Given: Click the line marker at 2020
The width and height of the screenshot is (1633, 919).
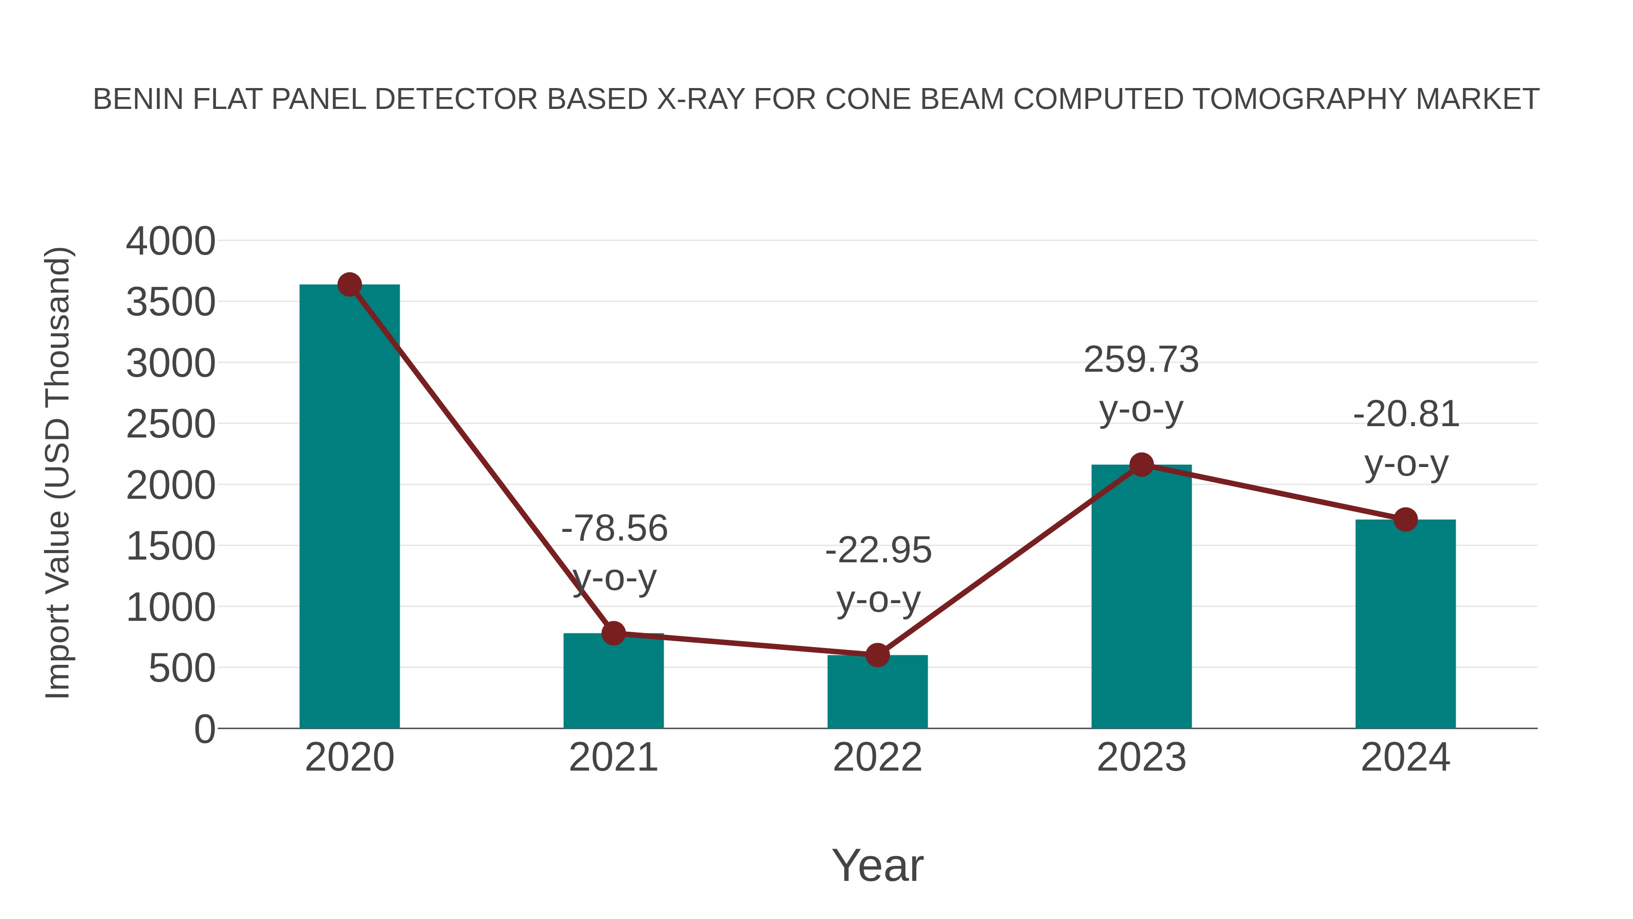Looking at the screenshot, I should tap(349, 285).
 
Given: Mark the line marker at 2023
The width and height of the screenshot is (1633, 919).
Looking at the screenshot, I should tap(1141, 465).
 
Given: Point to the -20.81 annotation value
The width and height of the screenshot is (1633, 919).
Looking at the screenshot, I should tap(1406, 414).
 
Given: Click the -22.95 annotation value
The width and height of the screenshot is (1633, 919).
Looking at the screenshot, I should tap(878, 550).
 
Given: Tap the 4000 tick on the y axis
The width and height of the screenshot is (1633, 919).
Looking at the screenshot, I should tap(171, 241).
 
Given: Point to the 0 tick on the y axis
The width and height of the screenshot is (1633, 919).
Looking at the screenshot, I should tap(204, 729).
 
